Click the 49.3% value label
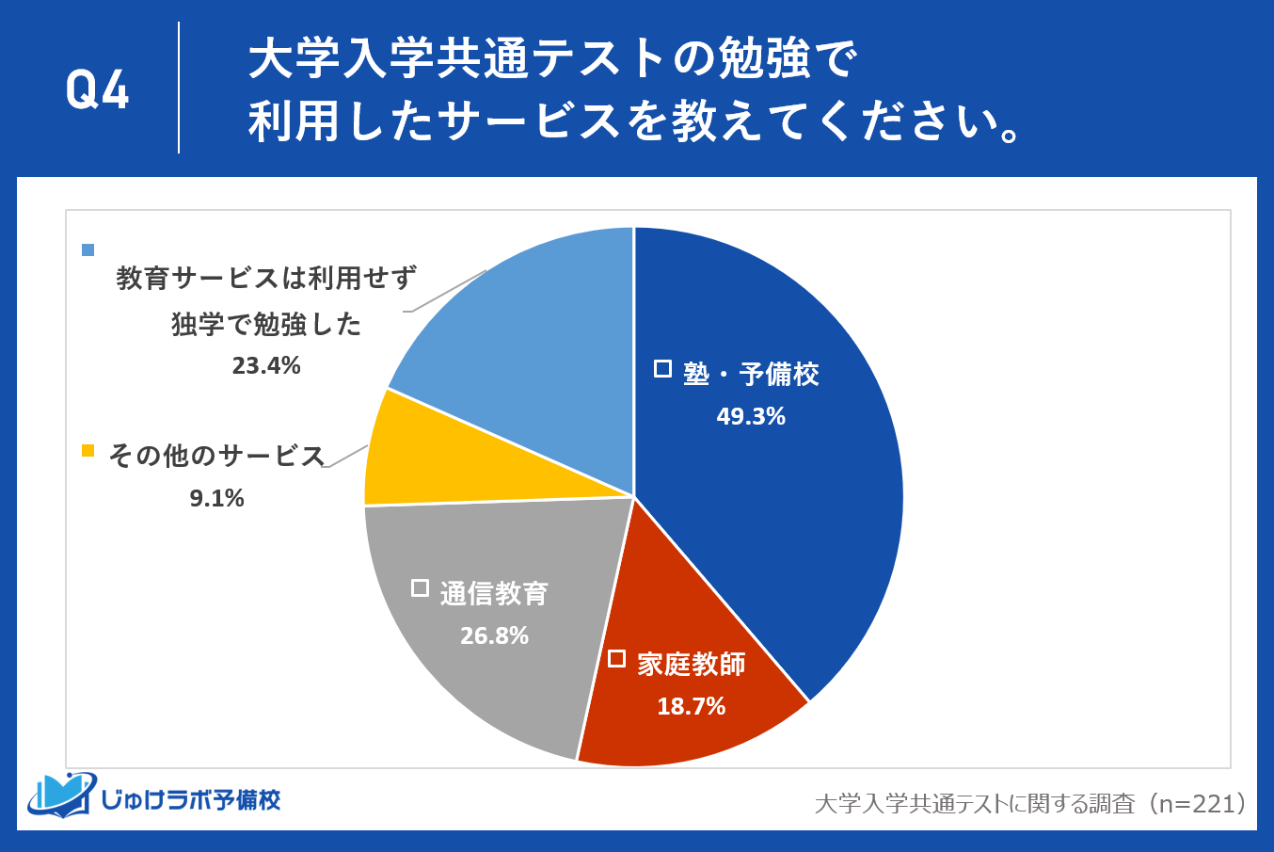point(751,416)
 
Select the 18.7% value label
point(692,706)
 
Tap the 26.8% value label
point(494,635)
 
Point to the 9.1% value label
point(217,498)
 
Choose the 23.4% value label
point(266,365)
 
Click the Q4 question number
point(97,90)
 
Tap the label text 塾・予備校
point(751,375)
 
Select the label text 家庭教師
point(692,664)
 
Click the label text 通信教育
point(494,593)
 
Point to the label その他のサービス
point(216,456)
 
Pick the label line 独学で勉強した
point(266,324)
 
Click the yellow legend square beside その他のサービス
point(88,450)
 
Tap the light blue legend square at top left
point(88,249)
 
